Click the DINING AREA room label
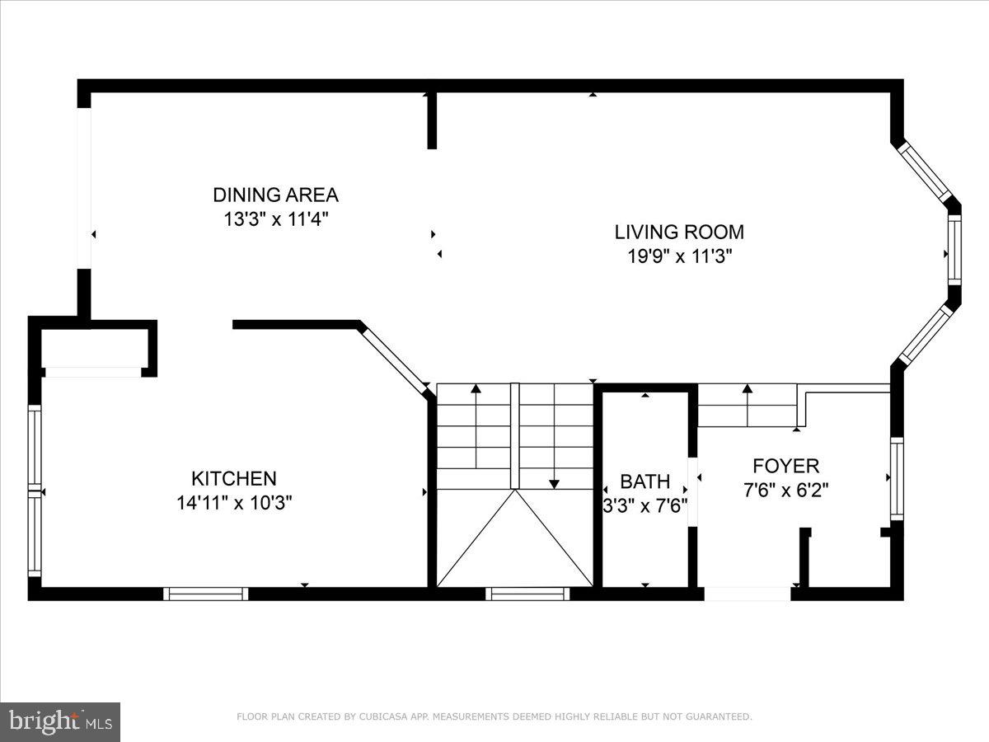click(275, 195)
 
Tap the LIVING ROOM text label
click(679, 232)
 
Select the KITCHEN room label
click(234, 478)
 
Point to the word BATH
click(644, 481)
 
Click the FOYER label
click(785, 467)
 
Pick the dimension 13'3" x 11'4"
click(275, 219)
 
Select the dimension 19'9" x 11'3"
click(679, 256)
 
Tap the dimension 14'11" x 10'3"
click(234, 503)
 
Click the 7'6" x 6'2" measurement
click(785, 490)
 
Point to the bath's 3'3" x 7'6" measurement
click(644, 505)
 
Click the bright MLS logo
click(60, 722)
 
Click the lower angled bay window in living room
click(924, 335)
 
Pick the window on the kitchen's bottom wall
click(205, 594)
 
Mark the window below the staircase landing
click(527, 594)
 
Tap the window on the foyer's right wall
click(897, 478)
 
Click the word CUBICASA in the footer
click(381, 717)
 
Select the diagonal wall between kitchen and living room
click(394, 356)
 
